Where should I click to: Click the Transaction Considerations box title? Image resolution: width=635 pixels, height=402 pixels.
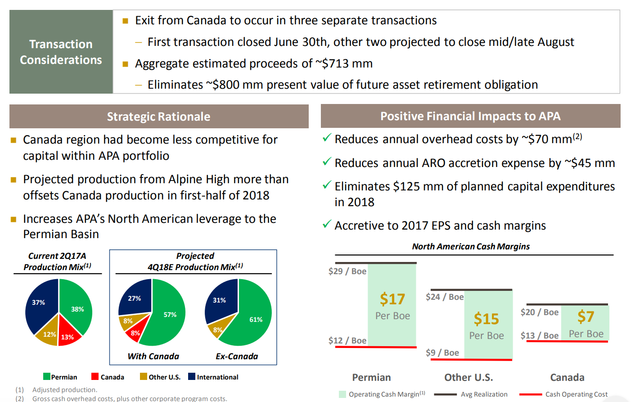[x=61, y=52]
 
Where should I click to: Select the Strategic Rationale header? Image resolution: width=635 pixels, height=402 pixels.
[x=158, y=117]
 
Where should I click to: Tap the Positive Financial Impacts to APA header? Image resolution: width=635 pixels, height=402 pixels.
[x=470, y=116]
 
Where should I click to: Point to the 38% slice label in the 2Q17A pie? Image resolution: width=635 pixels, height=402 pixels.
[x=77, y=309]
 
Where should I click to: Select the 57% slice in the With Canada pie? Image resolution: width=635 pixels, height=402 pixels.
[x=170, y=315]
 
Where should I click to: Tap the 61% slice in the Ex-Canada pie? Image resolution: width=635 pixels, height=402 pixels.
[x=256, y=320]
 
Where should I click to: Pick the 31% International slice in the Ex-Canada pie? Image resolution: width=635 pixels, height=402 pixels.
[x=219, y=300]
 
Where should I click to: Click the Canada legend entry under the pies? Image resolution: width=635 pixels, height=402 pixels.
[x=108, y=377]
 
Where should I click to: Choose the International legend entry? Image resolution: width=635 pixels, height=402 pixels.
[x=213, y=377]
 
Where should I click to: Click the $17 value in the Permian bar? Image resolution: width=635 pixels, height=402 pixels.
[x=392, y=299]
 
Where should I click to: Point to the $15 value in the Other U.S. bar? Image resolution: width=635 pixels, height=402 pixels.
[x=486, y=319]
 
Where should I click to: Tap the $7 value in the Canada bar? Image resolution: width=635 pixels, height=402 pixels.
[x=585, y=316]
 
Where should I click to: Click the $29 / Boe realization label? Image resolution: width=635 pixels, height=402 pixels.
[x=347, y=271]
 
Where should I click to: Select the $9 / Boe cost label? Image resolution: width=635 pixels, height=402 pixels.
[x=442, y=352]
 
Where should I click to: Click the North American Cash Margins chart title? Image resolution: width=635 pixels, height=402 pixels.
[x=471, y=246]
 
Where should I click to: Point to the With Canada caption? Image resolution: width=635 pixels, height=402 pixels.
[x=153, y=356]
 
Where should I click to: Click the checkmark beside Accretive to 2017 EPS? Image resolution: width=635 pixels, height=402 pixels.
[x=327, y=224]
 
